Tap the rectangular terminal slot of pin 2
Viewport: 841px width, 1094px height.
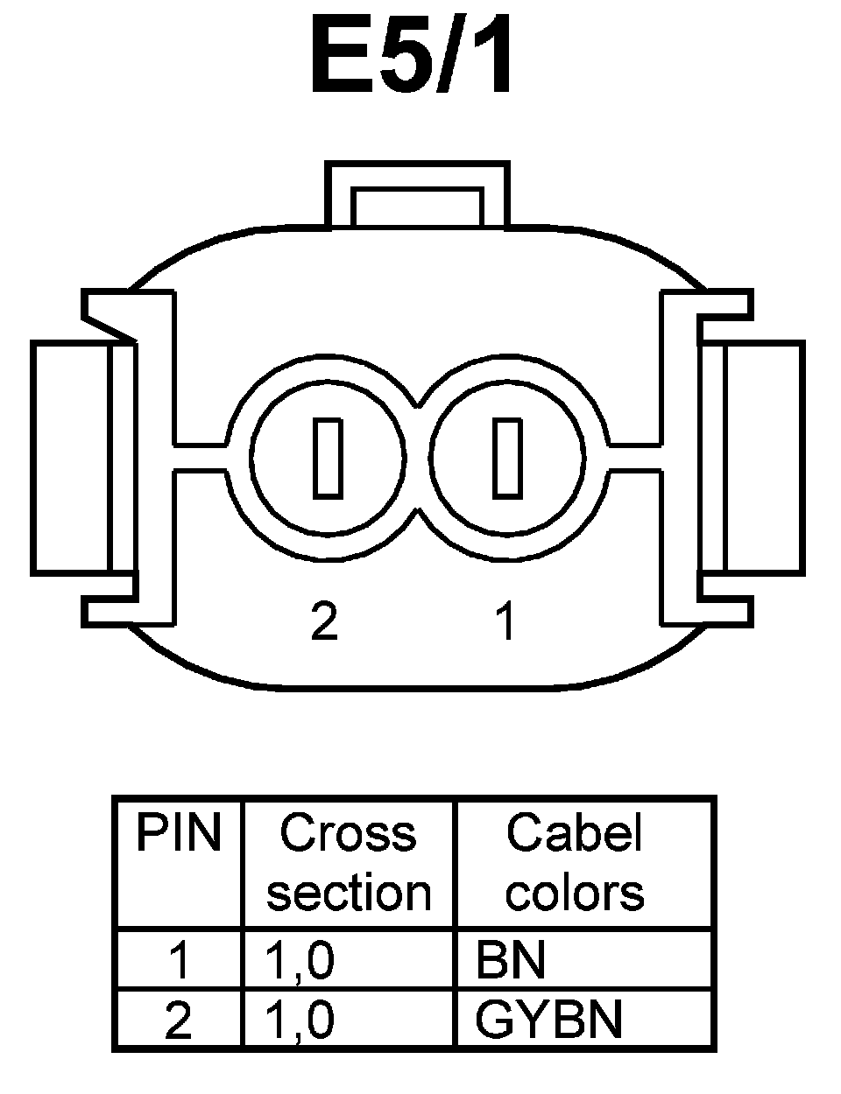point(328,458)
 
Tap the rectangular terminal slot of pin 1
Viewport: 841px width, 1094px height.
point(506,458)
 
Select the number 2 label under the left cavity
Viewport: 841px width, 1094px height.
point(324,621)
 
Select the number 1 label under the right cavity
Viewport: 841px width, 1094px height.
point(505,621)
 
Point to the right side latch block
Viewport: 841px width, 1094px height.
point(762,458)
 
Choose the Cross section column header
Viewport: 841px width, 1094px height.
point(349,862)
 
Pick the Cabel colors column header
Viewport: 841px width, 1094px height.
point(575,862)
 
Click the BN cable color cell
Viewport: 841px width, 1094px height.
point(511,960)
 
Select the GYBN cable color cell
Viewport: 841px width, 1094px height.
point(549,1020)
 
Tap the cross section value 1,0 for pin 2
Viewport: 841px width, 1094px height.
point(300,1020)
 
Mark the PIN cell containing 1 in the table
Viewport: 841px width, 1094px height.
point(179,961)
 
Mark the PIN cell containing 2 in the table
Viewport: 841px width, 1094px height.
point(179,1020)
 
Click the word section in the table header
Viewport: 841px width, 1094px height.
point(349,894)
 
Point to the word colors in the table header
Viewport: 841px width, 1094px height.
point(575,894)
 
